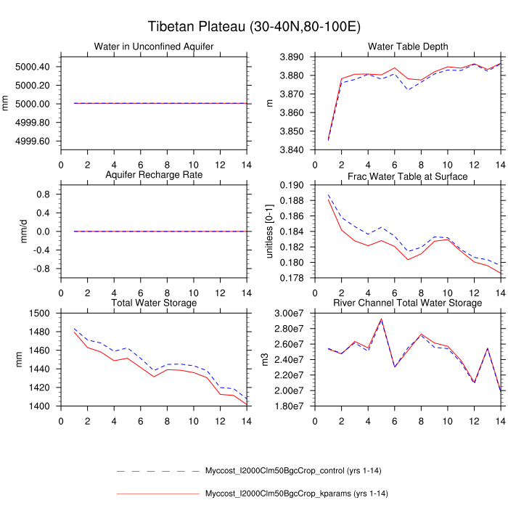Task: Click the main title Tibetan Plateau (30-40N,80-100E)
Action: (254, 28)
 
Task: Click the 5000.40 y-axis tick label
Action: (32, 67)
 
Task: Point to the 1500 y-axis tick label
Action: (39, 314)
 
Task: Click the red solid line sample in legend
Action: (157, 494)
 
